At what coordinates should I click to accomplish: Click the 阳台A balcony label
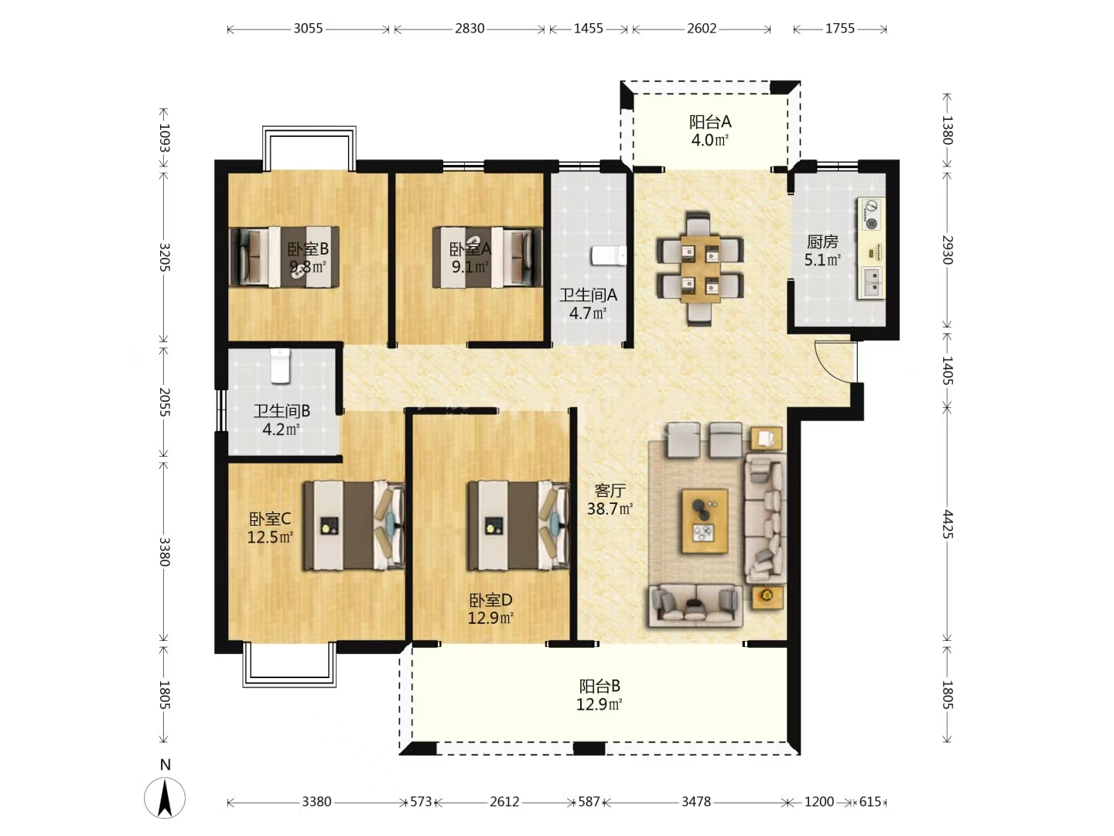tap(709, 122)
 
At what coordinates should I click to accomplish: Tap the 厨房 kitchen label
tap(822, 242)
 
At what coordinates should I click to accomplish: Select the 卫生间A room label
tap(588, 295)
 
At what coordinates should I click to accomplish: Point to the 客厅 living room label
tap(610, 490)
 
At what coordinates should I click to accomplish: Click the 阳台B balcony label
tap(600, 687)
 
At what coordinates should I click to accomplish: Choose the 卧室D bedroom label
tap(490, 601)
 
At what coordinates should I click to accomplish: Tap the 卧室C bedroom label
tap(269, 519)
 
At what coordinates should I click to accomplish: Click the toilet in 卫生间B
tap(279, 365)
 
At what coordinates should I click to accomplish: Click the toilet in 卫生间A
tap(608, 255)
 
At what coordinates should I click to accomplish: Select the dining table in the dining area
tap(700, 269)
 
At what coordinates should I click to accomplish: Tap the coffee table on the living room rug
tap(705, 521)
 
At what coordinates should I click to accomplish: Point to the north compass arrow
tap(165, 797)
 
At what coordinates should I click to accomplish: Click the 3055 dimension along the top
tap(308, 29)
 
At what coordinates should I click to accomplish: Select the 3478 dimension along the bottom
tap(695, 801)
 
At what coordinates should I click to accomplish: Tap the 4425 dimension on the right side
tap(948, 524)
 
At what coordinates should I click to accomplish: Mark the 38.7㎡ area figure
tap(610, 509)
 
